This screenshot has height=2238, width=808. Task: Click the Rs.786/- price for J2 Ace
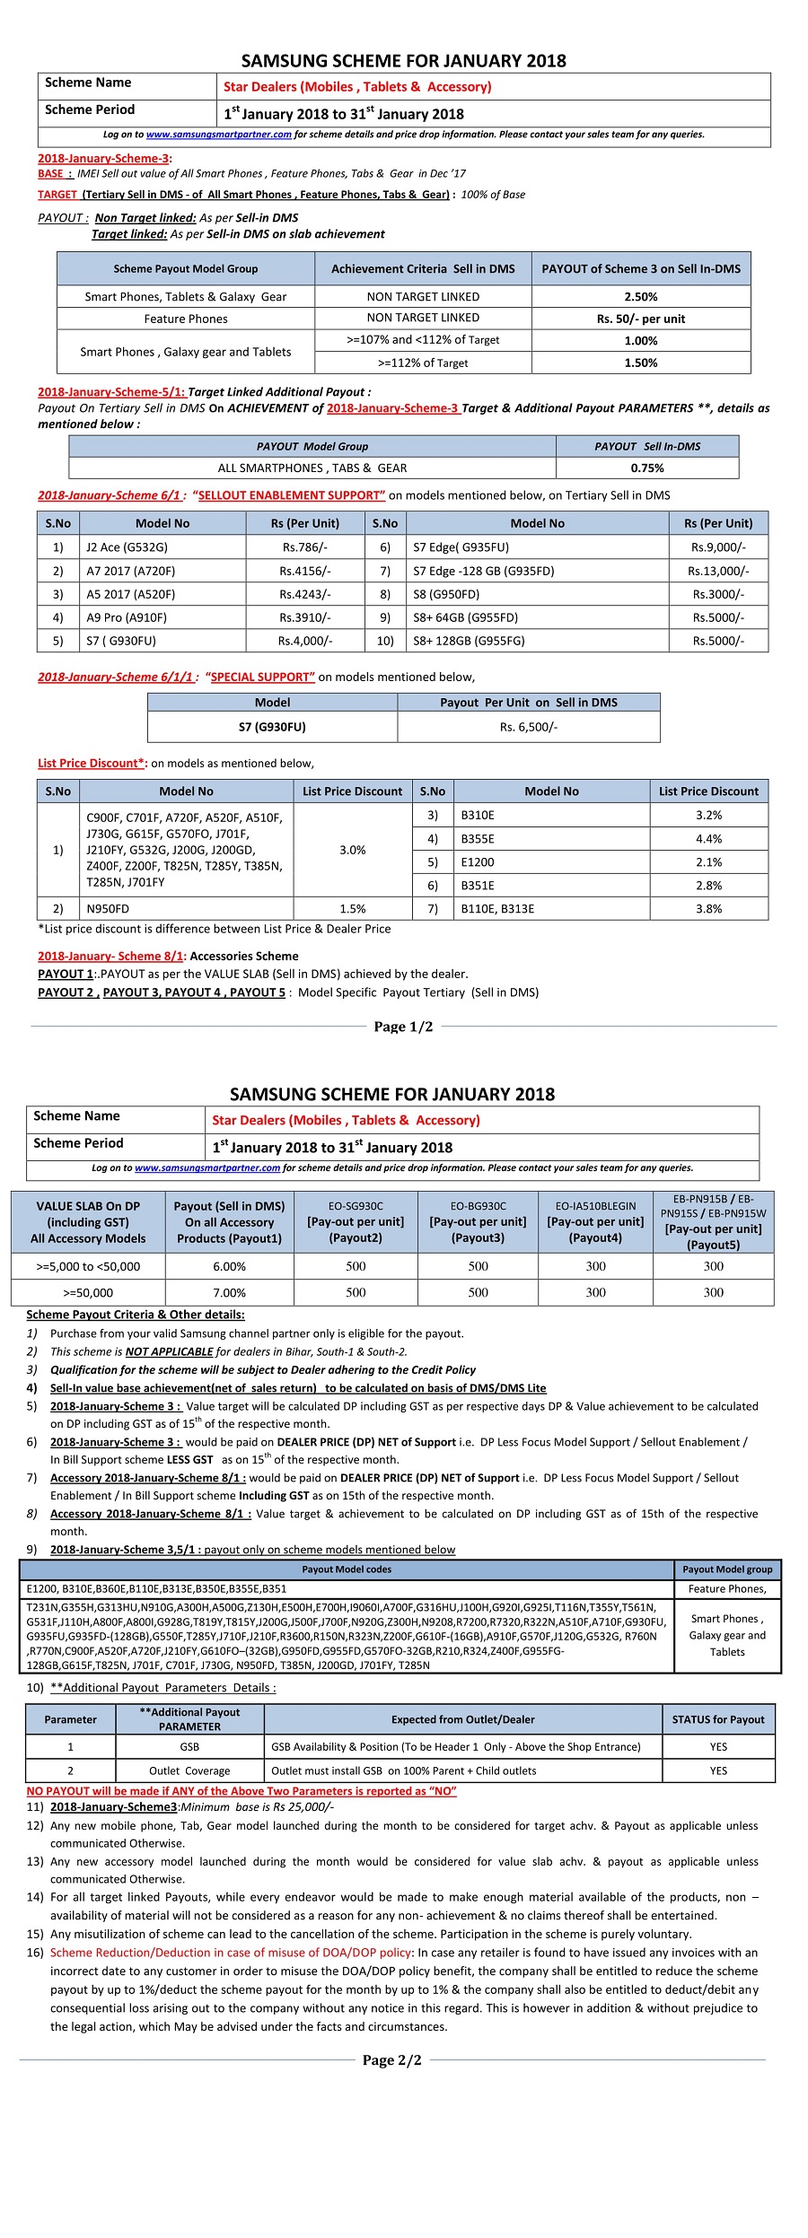pyautogui.click(x=304, y=547)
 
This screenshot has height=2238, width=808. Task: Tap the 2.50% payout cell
pyautogui.click(x=640, y=297)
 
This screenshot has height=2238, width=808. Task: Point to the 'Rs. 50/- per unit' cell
pyautogui.click(x=640, y=319)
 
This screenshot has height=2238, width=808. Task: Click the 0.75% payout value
pyautogui.click(x=646, y=468)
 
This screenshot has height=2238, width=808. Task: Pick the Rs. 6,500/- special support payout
pyautogui.click(x=528, y=727)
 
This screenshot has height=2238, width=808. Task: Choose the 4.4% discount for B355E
pyautogui.click(x=708, y=839)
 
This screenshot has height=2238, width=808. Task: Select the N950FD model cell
pyautogui.click(x=108, y=909)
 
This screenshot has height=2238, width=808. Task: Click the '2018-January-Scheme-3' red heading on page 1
pyautogui.click(x=103, y=159)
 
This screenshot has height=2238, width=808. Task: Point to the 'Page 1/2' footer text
pyautogui.click(x=403, y=1027)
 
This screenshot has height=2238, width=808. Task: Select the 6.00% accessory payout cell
pyautogui.click(x=229, y=1266)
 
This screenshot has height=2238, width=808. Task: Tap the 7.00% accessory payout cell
pyautogui.click(x=229, y=1293)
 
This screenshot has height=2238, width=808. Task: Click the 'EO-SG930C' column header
pyautogui.click(x=356, y=1222)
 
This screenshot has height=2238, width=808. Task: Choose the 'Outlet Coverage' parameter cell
pyautogui.click(x=189, y=1770)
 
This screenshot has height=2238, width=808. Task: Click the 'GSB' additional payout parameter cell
pyautogui.click(x=189, y=1746)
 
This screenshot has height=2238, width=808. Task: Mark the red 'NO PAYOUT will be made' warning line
pyautogui.click(x=242, y=1790)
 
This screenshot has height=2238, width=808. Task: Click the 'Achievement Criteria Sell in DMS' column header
pyautogui.click(x=423, y=269)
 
